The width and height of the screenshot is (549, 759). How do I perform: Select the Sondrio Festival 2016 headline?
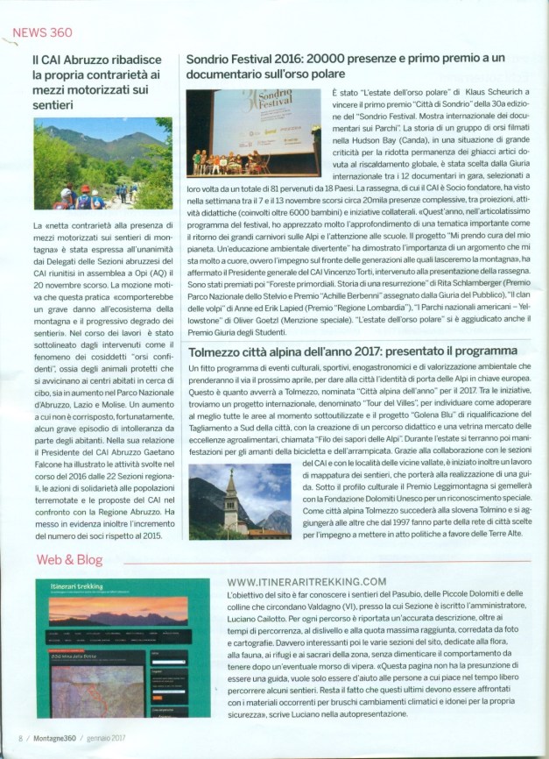pos(354,66)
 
